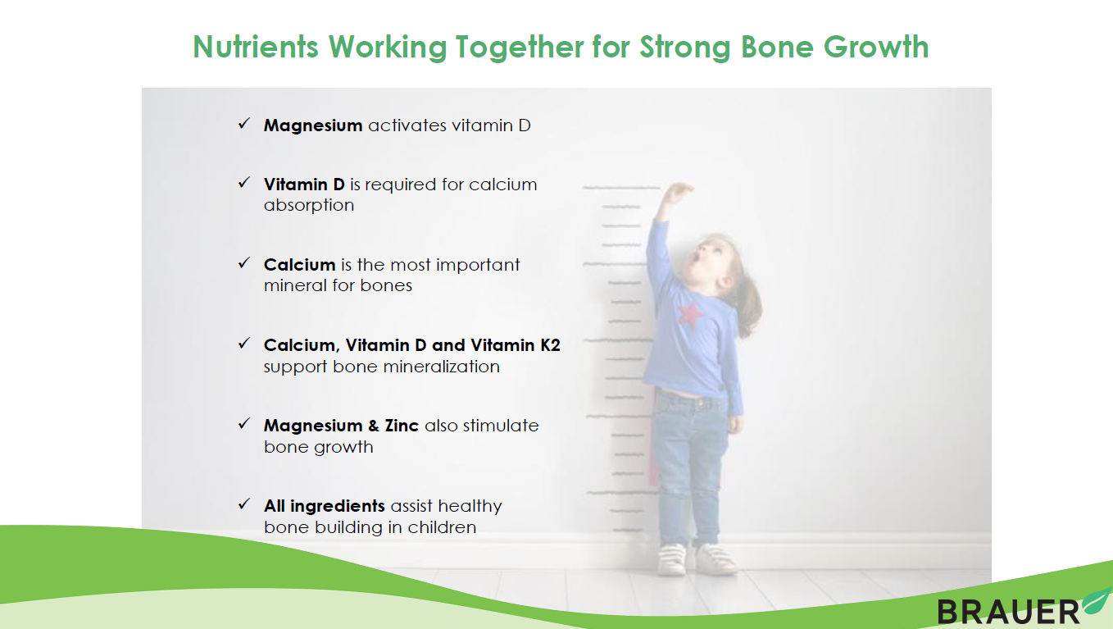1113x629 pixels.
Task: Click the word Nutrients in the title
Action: point(256,47)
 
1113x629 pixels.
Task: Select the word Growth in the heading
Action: point(876,47)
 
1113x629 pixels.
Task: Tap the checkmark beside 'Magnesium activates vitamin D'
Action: point(244,123)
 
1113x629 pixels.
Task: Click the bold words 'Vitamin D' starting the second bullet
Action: point(304,185)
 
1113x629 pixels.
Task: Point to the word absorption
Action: point(308,205)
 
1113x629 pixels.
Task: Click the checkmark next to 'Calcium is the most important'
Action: point(244,262)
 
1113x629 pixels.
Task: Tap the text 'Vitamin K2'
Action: point(516,345)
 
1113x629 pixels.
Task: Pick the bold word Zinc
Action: point(402,426)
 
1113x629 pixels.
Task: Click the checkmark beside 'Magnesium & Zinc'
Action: point(244,424)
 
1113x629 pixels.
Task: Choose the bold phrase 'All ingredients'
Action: point(325,506)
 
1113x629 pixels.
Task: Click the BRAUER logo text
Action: point(1008,612)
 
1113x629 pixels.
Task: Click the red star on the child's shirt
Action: point(689,314)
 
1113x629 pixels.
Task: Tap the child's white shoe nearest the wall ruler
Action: point(672,559)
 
